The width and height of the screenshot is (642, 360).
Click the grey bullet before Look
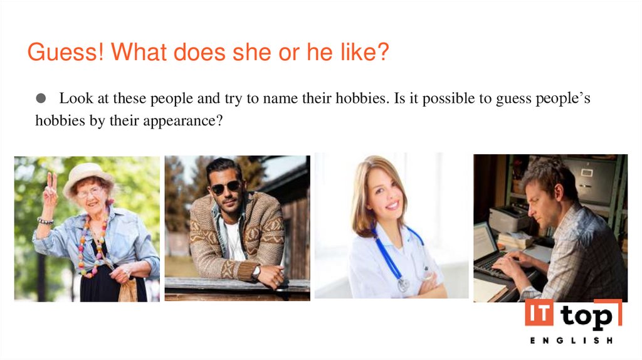41,98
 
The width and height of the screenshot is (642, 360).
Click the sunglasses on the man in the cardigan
226,187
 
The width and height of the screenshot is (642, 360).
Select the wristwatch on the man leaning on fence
256,272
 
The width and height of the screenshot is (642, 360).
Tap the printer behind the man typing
508,217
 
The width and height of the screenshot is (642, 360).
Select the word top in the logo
587,317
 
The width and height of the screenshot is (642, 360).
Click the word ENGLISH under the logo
571,341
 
